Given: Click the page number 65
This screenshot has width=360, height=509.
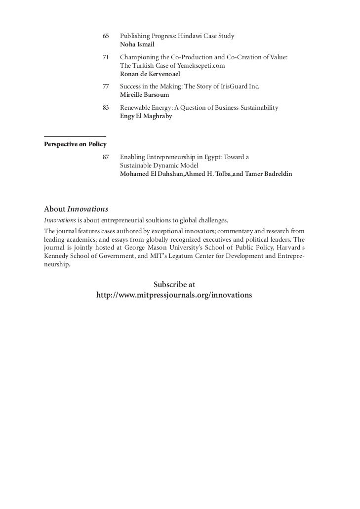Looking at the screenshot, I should [105, 36].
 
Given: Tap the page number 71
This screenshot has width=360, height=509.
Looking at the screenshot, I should [105, 58].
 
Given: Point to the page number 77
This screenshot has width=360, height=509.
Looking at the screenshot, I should [105, 86].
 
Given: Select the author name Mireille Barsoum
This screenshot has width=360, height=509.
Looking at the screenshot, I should [144, 94].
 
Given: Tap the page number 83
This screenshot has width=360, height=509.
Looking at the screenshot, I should [105, 108].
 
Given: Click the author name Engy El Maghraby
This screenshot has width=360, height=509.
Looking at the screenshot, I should [146, 116].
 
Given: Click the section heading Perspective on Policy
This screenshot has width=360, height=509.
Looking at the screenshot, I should [75, 144].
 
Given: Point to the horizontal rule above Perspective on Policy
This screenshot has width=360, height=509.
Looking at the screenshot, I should [75, 136].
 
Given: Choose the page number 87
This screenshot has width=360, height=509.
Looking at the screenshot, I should [105, 157].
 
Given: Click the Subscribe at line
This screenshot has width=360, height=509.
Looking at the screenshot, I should [174, 285].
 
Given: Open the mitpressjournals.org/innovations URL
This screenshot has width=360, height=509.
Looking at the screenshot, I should [174, 295].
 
